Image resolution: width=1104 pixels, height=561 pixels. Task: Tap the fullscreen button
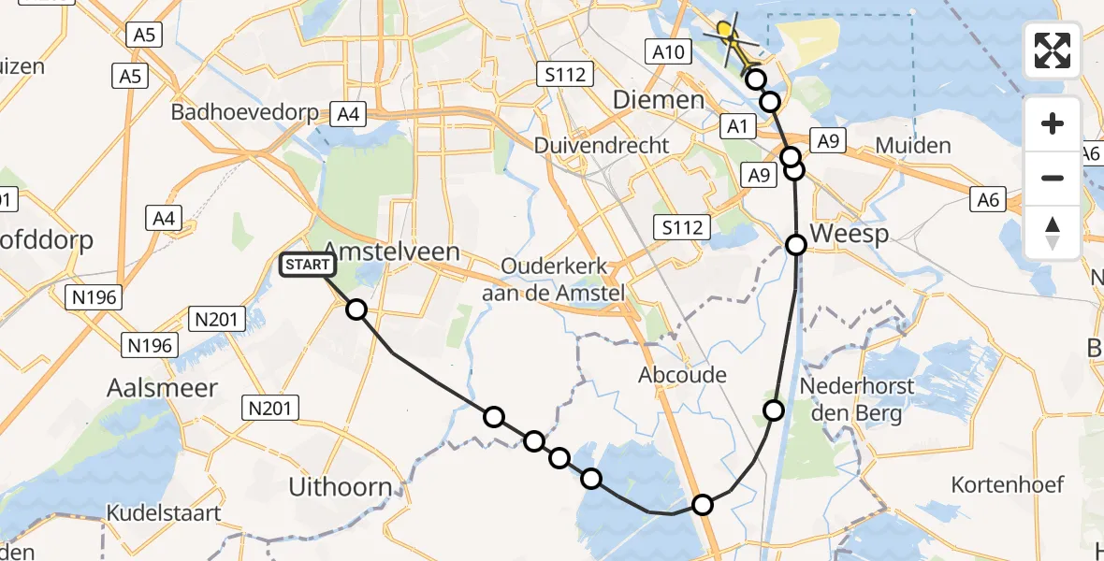pyautogui.click(x=1053, y=50)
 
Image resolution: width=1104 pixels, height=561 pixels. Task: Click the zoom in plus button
pyautogui.click(x=1053, y=123)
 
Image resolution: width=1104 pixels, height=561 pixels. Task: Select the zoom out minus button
pyautogui.click(x=1053, y=178)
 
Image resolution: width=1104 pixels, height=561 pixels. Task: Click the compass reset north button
pyautogui.click(x=1053, y=232)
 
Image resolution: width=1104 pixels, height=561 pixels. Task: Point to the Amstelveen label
pyautogui.click(x=392, y=252)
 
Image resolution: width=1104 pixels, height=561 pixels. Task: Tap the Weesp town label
pyautogui.click(x=850, y=234)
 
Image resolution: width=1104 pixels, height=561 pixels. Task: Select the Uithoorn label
pyautogui.click(x=340, y=486)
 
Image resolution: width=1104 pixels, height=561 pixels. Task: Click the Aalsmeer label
pyautogui.click(x=163, y=388)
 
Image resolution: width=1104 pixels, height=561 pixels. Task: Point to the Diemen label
pyautogui.click(x=659, y=100)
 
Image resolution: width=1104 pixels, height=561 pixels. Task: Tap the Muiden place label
pyautogui.click(x=913, y=145)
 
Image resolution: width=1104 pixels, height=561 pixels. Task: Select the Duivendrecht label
pyautogui.click(x=602, y=145)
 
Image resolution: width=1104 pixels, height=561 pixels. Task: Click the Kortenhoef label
pyautogui.click(x=1008, y=484)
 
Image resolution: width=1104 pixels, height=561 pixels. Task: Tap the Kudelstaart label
pyautogui.click(x=164, y=512)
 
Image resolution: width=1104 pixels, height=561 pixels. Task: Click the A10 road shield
pyautogui.click(x=668, y=52)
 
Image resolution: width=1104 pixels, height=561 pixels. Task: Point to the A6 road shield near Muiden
pyautogui.click(x=988, y=198)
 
